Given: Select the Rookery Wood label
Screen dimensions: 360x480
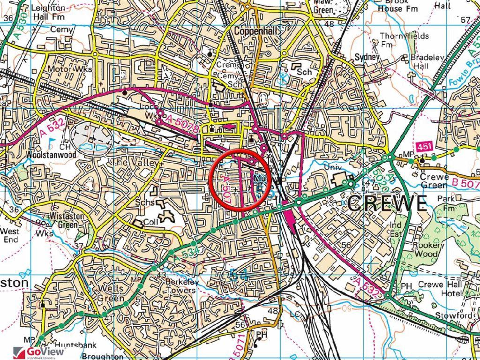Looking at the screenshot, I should (x=428, y=249).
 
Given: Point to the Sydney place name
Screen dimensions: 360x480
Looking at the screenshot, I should (x=367, y=57).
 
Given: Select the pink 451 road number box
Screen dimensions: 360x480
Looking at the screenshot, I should (x=424, y=147).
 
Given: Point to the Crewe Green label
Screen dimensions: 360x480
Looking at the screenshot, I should (x=434, y=181).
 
